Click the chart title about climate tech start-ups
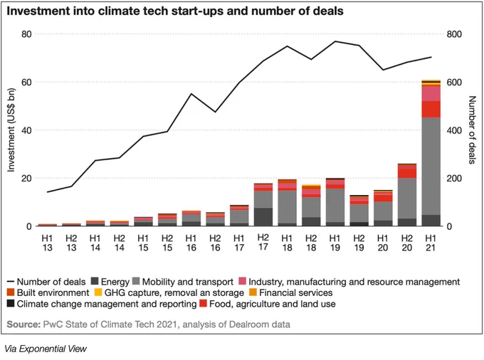tap(175, 11)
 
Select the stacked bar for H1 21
tap(431, 153)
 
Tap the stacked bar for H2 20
tap(407, 195)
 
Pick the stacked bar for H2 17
tap(263, 205)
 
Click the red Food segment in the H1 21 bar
tap(431, 109)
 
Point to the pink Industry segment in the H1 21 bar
tap(431, 93)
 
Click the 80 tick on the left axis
tap(26, 34)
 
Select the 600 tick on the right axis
tap(454, 83)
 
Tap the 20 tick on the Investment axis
tap(26, 179)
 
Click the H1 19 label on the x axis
tap(335, 243)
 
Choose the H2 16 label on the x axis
tap(215, 243)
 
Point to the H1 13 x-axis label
tap(47, 243)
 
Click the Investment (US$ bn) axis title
tap(11, 130)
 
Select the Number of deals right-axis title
tap(472, 130)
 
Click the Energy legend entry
tap(110, 282)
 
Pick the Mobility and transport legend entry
tap(183, 282)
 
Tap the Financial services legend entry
tap(291, 292)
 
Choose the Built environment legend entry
tap(48, 292)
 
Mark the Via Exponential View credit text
tap(46, 349)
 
